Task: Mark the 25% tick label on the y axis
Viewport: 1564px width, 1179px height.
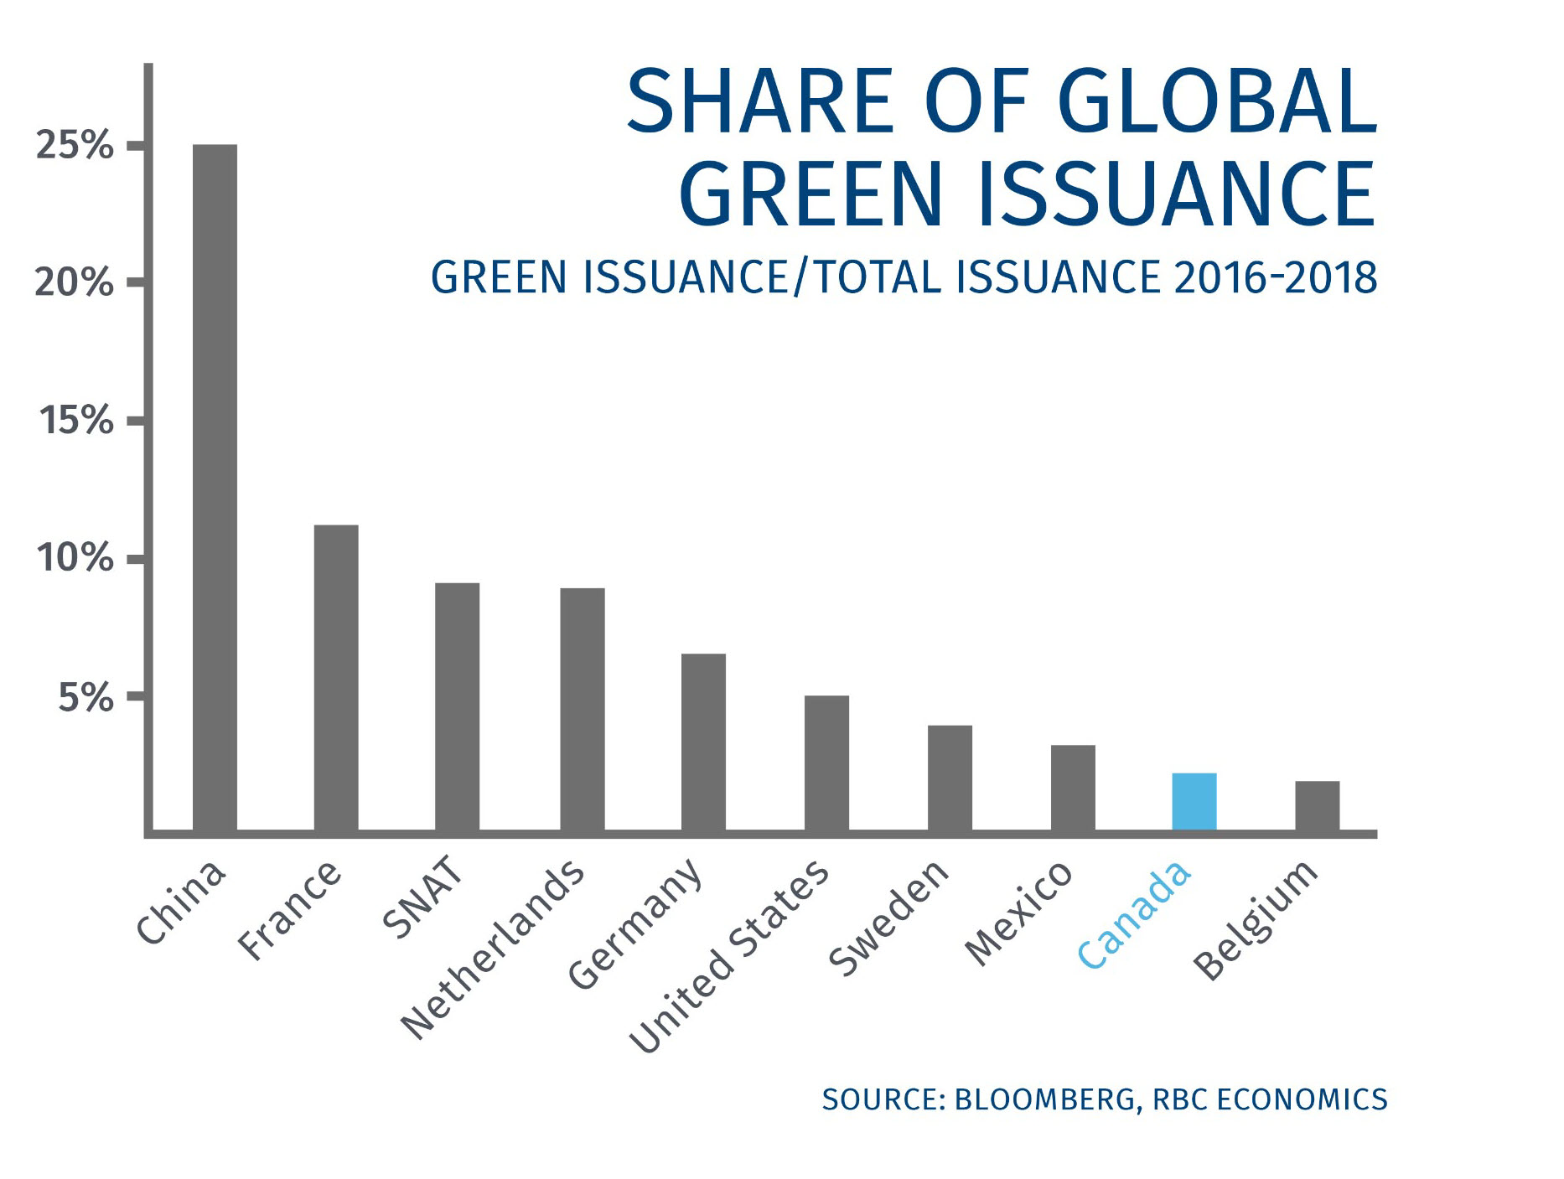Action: (x=74, y=146)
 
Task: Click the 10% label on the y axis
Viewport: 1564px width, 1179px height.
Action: (x=74, y=558)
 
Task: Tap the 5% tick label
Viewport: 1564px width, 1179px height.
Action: (x=85, y=697)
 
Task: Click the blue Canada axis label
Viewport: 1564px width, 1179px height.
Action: (x=1133, y=914)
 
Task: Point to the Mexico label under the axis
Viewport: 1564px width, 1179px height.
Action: (x=1018, y=913)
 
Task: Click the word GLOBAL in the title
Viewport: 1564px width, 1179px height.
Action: (x=1217, y=102)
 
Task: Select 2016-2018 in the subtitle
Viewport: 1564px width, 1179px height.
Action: (x=1275, y=278)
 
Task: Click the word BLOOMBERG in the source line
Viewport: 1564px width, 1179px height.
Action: (x=1044, y=1099)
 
